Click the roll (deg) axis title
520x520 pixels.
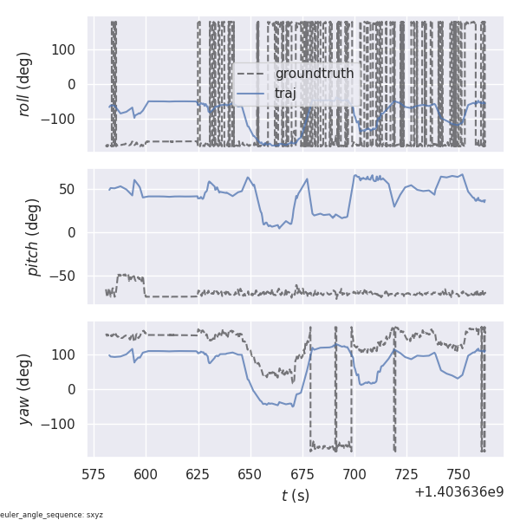point(25,84)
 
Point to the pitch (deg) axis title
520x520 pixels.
point(34,231)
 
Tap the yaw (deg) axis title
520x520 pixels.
point(25,389)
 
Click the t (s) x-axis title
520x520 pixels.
point(295,496)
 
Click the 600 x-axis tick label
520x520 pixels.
point(146,475)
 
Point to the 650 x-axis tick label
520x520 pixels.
point(250,475)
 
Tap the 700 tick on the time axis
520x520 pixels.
point(354,475)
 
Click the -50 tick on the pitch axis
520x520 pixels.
point(64,276)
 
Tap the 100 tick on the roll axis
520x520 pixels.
point(65,49)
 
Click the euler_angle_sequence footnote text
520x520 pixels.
point(52,515)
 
